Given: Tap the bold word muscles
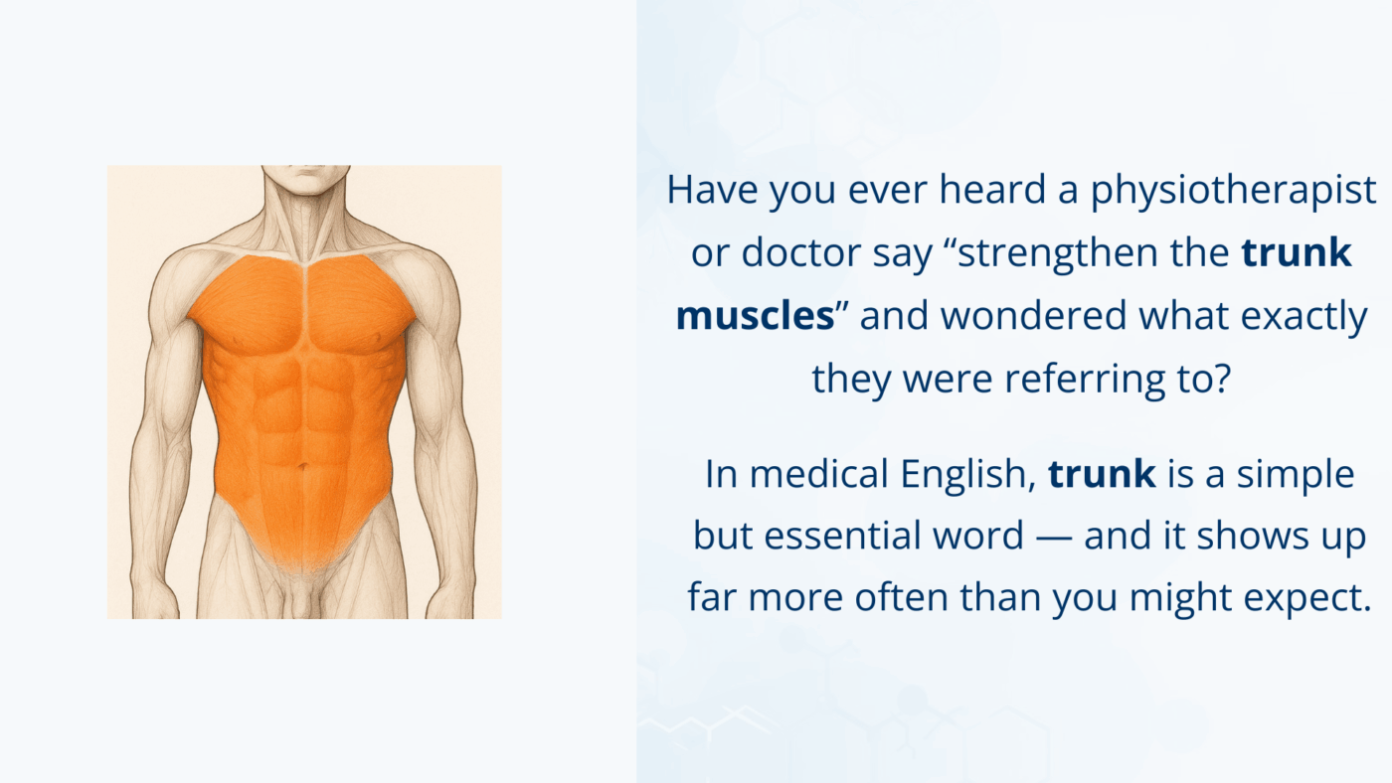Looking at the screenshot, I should (x=755, y=316).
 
